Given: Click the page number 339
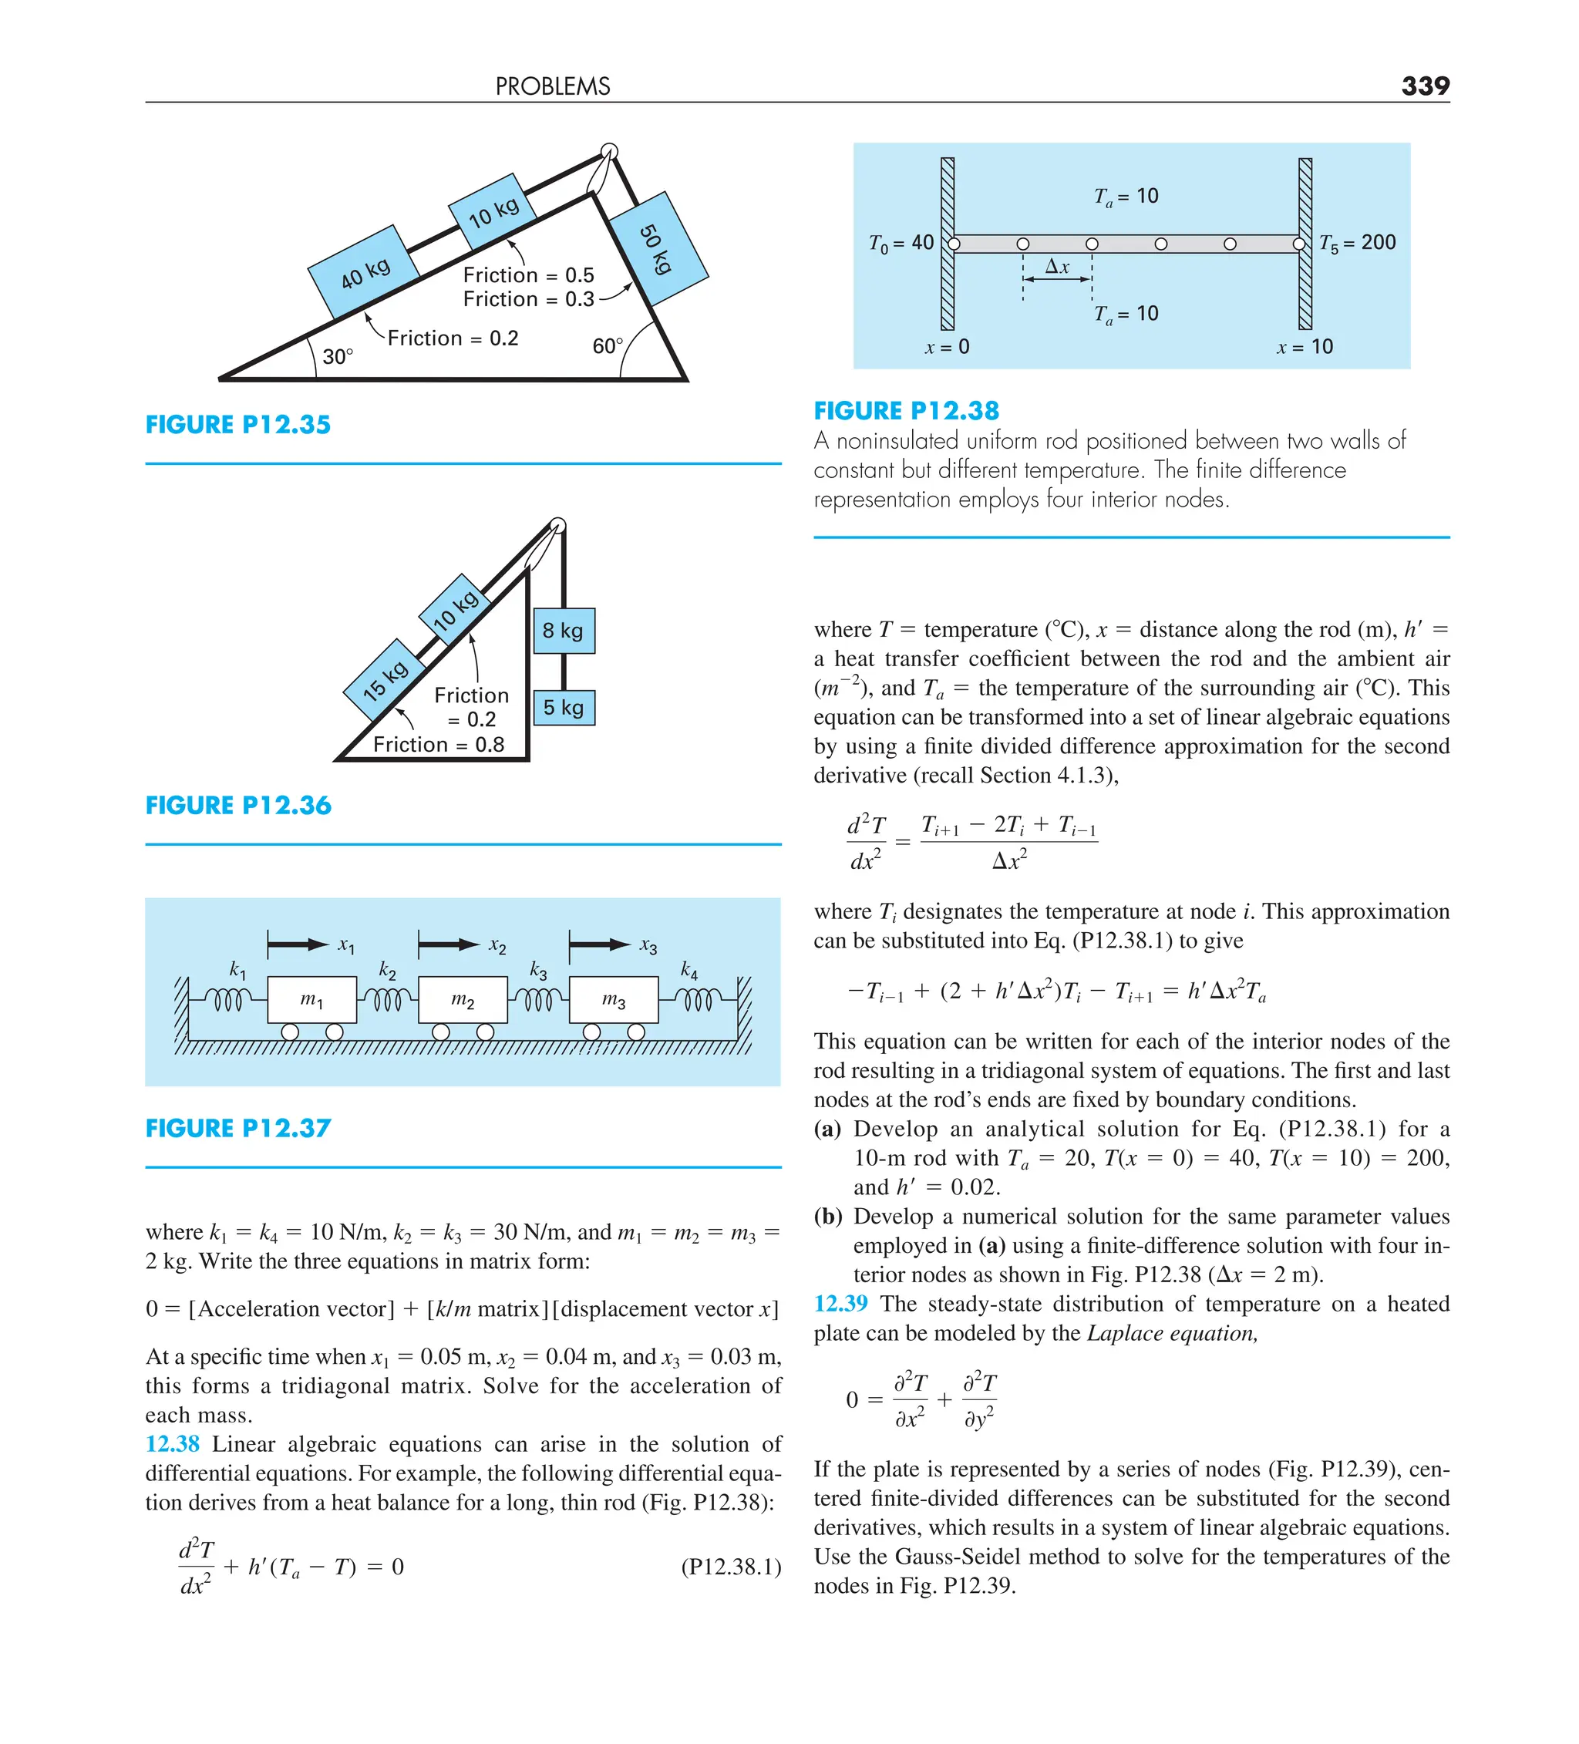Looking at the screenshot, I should pos(1424,86).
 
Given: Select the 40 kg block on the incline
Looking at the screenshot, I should pos(364,271).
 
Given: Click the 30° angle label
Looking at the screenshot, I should pos(338,356).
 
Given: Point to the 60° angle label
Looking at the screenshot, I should pos(608,346).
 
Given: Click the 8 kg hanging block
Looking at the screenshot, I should pos(564,631).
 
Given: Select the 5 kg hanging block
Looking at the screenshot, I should pos(564,708).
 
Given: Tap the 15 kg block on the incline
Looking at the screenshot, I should pos(385,680).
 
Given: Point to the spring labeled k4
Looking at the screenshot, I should pos(697,1000).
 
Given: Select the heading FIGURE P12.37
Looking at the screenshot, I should pos(238,1128).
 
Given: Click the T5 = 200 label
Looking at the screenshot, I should pos(1357,243).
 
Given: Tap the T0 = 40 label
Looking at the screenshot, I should pos(901,243).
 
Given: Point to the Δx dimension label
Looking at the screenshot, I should pos(1057,267).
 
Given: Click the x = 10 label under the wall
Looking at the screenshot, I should pos(1305,347).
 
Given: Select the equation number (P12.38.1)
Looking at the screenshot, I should pos(731,1567).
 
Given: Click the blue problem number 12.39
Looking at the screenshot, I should pos(840,1304).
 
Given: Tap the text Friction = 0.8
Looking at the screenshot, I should pos(439,745).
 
